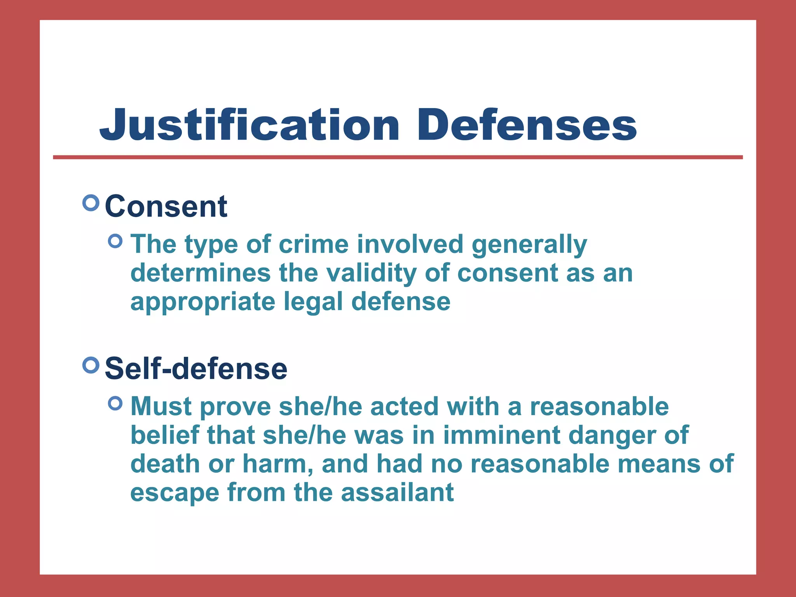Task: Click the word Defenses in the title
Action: (x=527, y=125)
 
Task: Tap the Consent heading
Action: (x=166, y=206)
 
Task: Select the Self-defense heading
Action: (x=196, y=368)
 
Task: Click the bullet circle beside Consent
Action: (x=91, y=203)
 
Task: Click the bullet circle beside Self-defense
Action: (x=91, y=365)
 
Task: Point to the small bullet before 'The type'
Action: (x=115, y=241)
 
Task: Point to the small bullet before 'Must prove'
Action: (x=115, y=403)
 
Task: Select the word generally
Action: (x=529, y=245)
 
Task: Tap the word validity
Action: (x=371, y=273)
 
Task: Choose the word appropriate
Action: (x=202, y=302)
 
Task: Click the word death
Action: (x=165, y=464)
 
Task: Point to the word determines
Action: (x=201, y=273)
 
